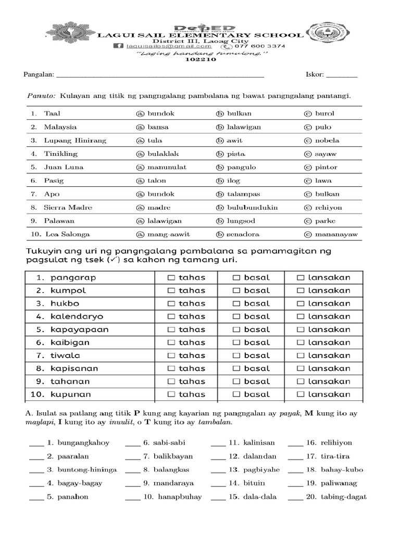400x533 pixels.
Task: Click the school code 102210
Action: pos(199,59)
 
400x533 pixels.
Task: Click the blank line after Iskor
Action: pos(342,76)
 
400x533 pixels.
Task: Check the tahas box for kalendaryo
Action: pos(171,316)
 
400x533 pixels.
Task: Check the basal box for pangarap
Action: pos(236,278)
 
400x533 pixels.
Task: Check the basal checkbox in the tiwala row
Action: pos(236,356)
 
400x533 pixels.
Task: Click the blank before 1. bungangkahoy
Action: pos(36,443)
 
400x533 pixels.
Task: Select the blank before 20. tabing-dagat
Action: pos(295,498)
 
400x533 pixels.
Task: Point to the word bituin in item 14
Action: pos(254,484)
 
